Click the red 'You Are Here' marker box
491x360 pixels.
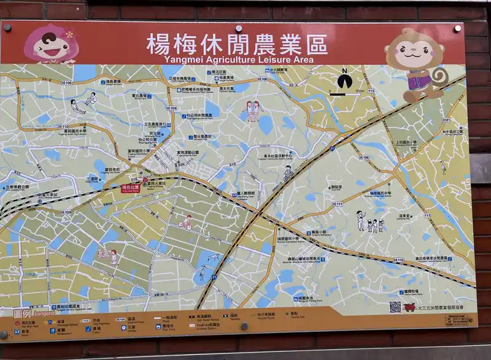pos(130,188)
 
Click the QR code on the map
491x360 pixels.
pos(395,307)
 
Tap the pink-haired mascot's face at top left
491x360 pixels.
pos(50,44)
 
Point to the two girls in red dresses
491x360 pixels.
pos(253,110)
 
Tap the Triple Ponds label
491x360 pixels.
pos(92,178)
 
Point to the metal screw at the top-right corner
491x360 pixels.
pos(458,28)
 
